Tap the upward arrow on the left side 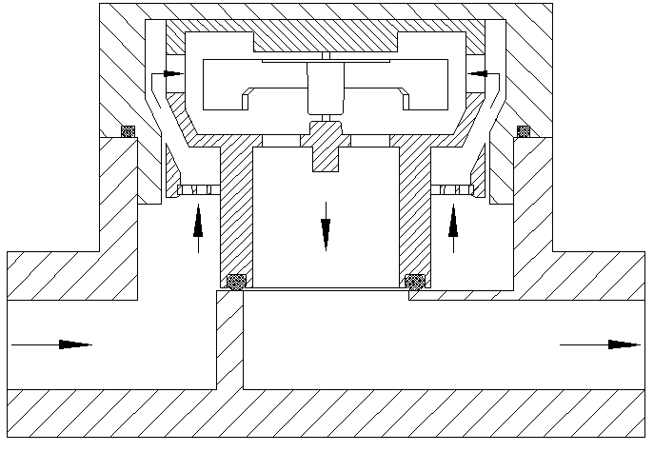pyautogui.click(x=198, y=226)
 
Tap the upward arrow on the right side pyautogui.click(x=453, y=226)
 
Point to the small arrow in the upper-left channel pyautogui.click(x=172, y=72)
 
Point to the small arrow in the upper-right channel pyautogui.click(x=478, y=72)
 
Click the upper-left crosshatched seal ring pyautogui.click(x=127, y=131)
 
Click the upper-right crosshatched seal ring pyautogui.click(x=523, y=130)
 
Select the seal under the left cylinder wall pyautogui.click(x=235, y=281)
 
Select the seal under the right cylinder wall pyautogui.click(x=415, y=281)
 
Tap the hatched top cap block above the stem pyautogui.click(x=326, y=39)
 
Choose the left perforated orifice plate pyautogui.click(x=196, y=190)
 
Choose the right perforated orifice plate pyautogui.click(x=455, y=190)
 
